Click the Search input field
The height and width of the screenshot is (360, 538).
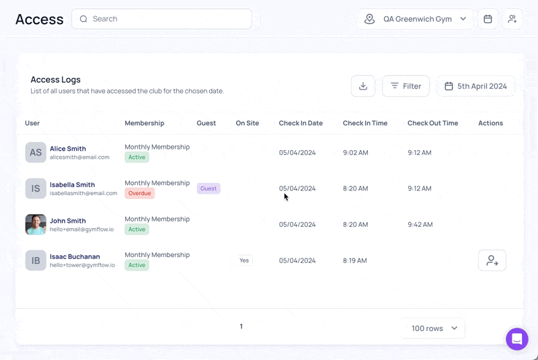click(x=161, y=19)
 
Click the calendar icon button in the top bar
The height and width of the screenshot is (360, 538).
click(x=488, y=19)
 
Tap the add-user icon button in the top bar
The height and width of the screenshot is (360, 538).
click(x=512, y=19)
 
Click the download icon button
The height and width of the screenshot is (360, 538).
click(x=363, y=86)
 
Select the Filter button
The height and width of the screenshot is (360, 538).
click(x=406, y=86)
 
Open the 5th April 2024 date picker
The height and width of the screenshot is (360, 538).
click(x=475, y=86)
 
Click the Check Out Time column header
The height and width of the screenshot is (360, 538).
click(x=432, y=123)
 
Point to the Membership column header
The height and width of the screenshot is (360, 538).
click(x=145, y=123)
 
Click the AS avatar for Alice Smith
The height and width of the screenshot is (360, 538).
click(x=36, y=152)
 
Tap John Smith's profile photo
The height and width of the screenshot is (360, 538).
click(x=36, y=225)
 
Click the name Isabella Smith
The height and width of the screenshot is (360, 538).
click(x=73, y=184)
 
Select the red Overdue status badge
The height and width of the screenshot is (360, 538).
click(x=140, y=193)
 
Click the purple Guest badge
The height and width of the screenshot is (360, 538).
click(x=208, y=188)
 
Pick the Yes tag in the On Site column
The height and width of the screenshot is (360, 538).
click(x=244, y=260)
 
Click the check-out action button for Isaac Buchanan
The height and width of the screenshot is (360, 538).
click(x=492, y=260)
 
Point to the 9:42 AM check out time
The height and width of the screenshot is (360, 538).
click(x=420, y=225)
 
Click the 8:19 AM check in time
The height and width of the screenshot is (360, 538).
click(x=355, y=260)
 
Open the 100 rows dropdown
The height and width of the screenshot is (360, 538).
click(x=433, y=328)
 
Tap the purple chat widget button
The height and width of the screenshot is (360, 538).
click(x=517, y=339)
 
